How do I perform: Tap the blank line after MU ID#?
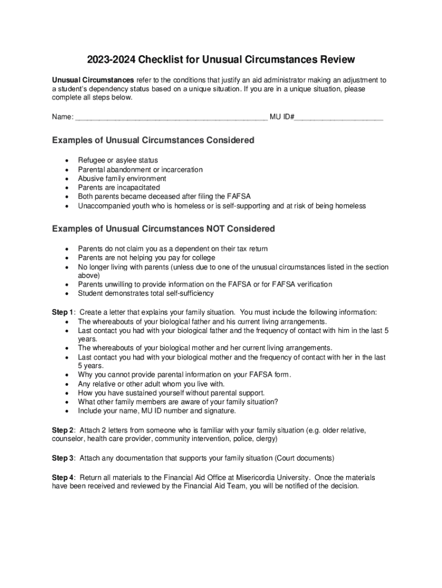coord(339,119)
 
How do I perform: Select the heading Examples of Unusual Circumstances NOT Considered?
coord(164,229)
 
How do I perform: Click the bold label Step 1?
coord(63,312)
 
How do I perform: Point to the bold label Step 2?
coord(63,430)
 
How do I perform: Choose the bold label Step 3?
coord(63,458)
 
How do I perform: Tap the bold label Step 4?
coord(63,478)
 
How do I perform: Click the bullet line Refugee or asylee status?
coord(118,160)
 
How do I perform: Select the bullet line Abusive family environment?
coord(122,179)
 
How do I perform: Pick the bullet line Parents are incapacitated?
coord(119,188)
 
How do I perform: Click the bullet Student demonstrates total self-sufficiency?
coord(146,293)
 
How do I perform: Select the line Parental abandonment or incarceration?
coord(140,169)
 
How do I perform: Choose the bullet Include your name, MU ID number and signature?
coord(157,411)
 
